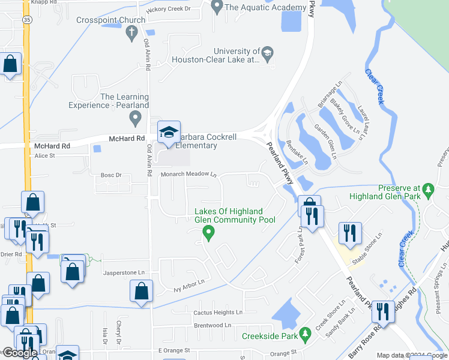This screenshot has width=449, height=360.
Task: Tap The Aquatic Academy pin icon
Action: click(x=217, y=7)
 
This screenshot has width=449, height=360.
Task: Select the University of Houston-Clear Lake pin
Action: click(x=268, y=54)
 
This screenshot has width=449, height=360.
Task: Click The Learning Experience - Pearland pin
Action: click(x=137, y=118)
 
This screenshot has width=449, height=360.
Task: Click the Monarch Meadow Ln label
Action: click(x=188, y=174)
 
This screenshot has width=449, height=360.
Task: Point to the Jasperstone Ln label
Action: click(x=125, y=272)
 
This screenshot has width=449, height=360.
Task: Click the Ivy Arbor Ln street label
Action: click(x=187, y=281)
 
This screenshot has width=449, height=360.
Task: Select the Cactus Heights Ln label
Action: click(x=217, y=313)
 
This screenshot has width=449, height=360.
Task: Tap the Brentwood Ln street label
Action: click(x=212, y=325)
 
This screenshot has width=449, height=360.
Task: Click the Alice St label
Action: click(x=44, y=155)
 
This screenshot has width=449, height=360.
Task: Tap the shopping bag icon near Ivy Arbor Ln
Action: click(x=141, y=293)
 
